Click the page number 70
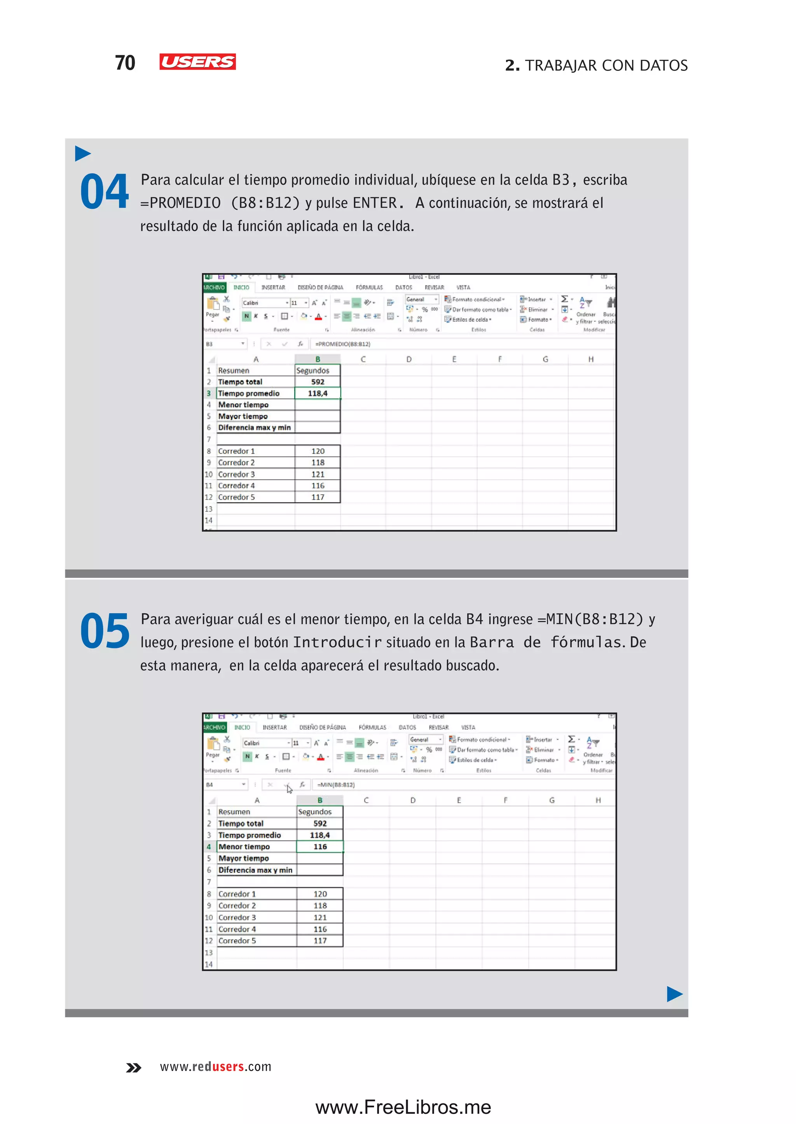pos(125,63)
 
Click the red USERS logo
pos(197,62)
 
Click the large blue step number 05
pos(105,631)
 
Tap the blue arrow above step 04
pos(83,154)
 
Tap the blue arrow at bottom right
pos(674,994)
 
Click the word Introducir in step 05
pos(337,642)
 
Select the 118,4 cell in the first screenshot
pos(318,393)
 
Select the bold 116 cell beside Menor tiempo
pos(320,846)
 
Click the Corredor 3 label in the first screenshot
pos(236,474)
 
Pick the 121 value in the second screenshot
pos(320,917)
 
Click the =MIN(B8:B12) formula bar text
pos(336,785)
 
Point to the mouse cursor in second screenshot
pos(289,788)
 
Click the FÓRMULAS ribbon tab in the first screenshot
pos(369,287)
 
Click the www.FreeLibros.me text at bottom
pos(403,1107)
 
